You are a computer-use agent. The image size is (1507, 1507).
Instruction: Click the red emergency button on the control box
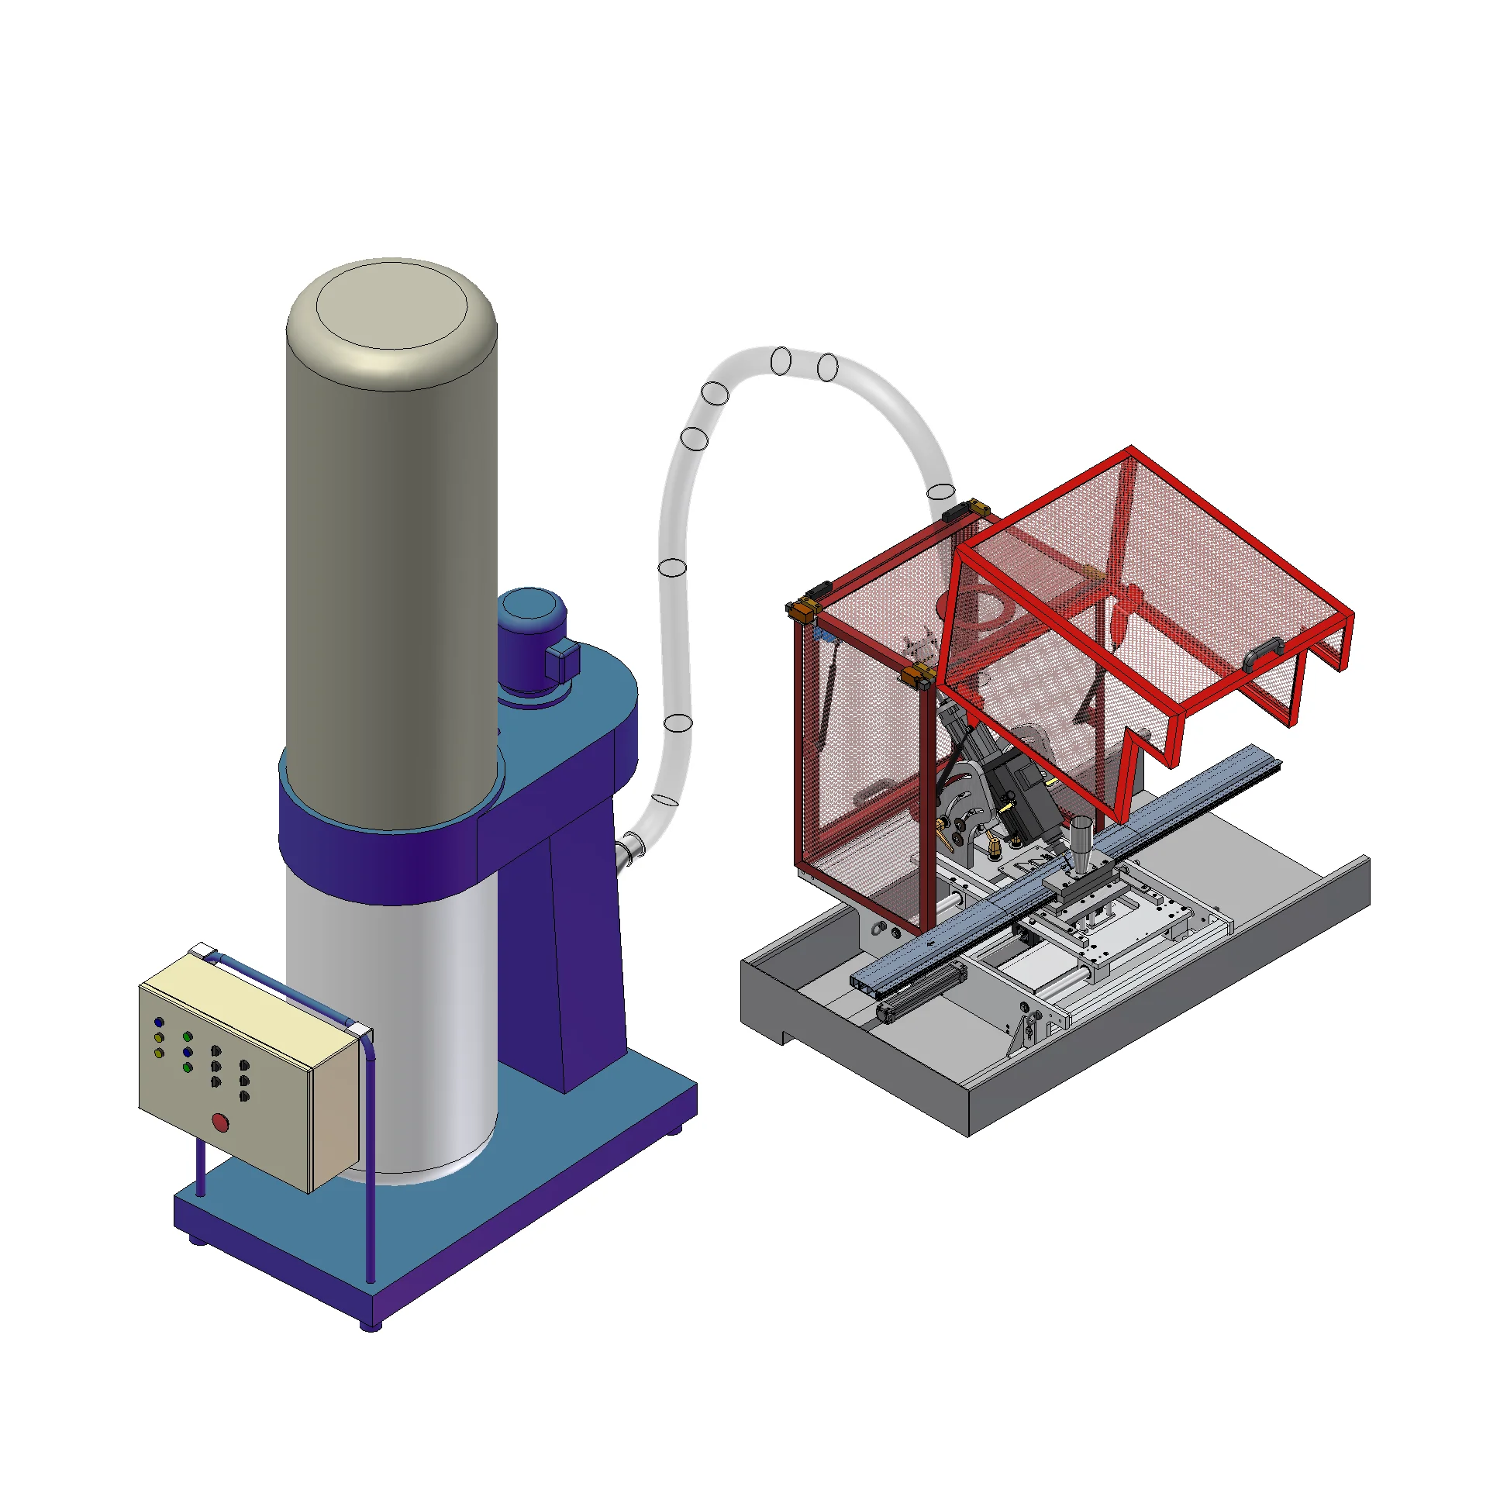[x=221, y=1122]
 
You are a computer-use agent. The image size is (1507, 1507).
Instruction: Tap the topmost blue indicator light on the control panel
[x=159, y=1022]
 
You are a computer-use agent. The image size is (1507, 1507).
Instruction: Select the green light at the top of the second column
[x=187, y=1036]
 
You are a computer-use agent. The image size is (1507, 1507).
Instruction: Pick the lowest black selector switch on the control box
[x=244, y=1096]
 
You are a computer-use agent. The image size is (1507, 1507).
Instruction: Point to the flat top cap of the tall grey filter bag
[x=391, y=308]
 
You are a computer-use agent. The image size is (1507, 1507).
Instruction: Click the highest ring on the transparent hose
[x=781, y=361]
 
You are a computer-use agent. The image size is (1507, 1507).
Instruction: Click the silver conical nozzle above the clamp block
[x=1081, y=843]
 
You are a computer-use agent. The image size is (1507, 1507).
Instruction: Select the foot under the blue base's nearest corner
[x=371, y=1326]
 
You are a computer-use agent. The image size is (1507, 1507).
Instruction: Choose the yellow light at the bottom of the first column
[x=159, y=1053]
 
